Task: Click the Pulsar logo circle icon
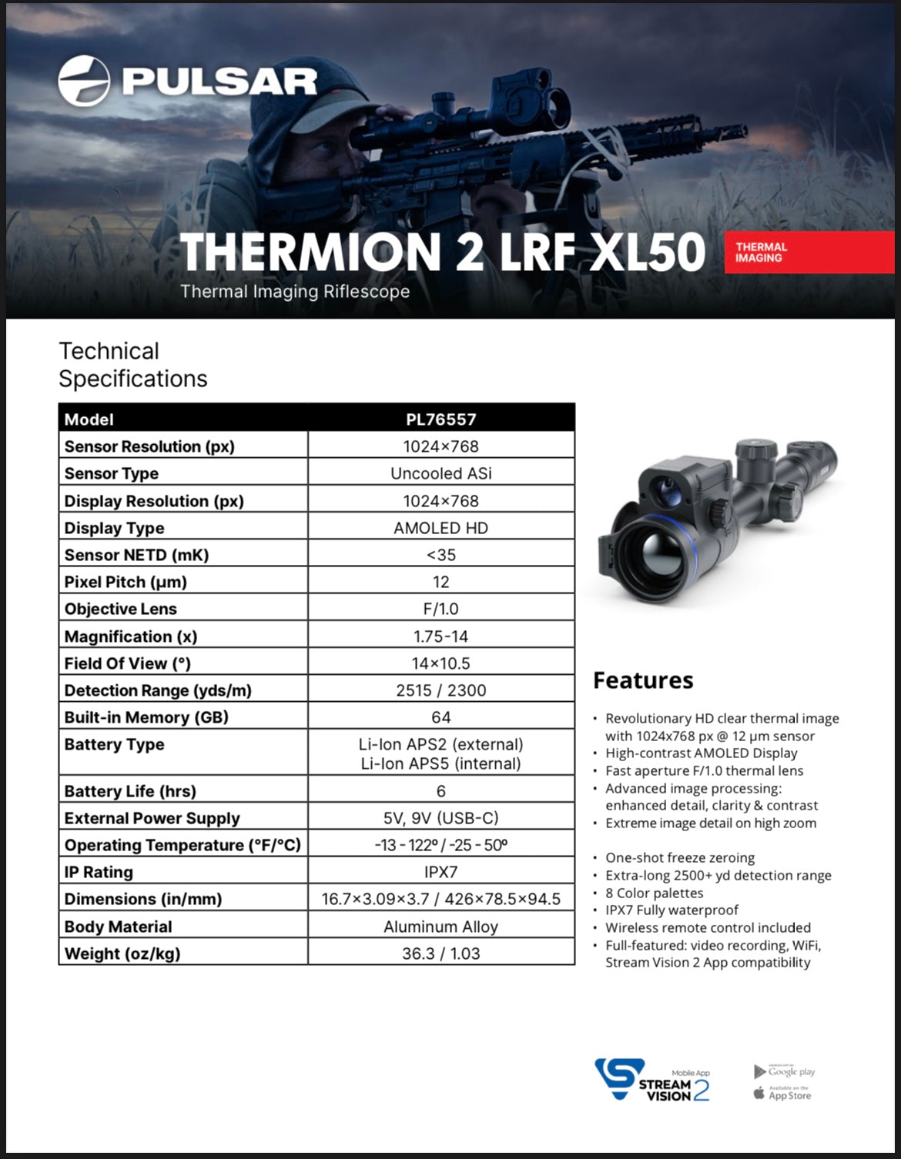click(85, 80)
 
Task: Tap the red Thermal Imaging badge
click(809, 252)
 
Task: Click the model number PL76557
click(440, 419)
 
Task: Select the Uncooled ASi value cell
click(440, 473)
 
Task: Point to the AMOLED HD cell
click(440, 528)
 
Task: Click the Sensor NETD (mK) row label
click(136, 555)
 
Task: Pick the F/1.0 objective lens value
click(440, 609)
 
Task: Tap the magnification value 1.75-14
click(440, 636)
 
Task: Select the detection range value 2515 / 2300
click(440, 690)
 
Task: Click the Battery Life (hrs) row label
click(129, 791)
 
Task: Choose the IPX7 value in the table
click(440, 872)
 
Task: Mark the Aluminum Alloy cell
click(440, 927)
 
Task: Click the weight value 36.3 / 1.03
click(440, 954)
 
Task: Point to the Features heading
click(643, 680)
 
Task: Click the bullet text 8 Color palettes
click(654, 893)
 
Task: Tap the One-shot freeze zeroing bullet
click(679, 857)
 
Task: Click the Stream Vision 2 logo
click(651, 1081)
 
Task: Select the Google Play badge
click(784, 1071)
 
